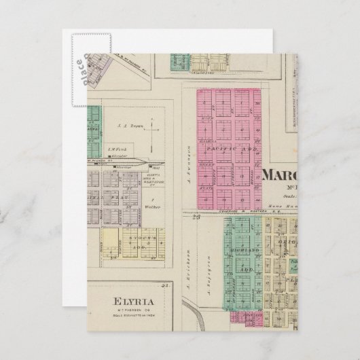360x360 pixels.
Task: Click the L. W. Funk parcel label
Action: [x=132, y=149]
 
